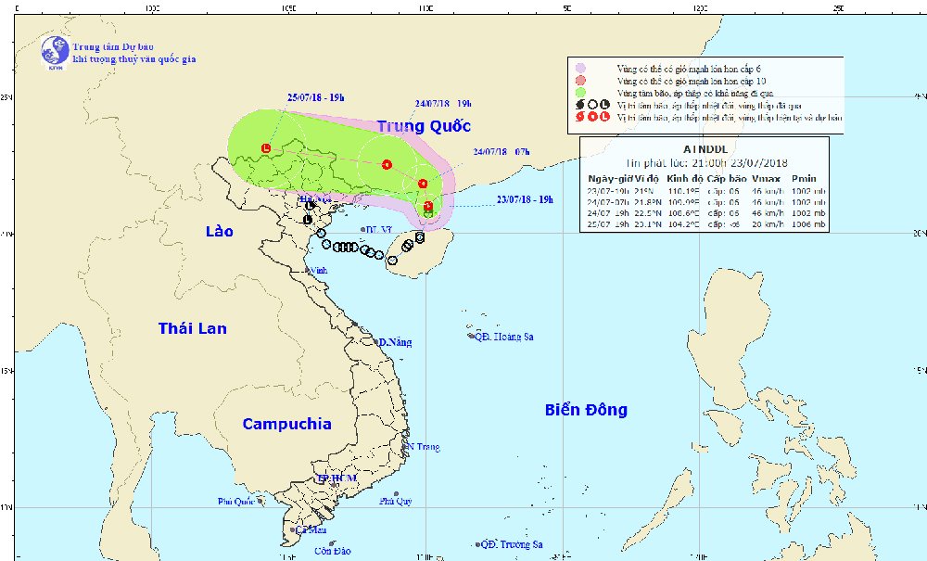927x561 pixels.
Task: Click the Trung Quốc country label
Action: tap(424, 126)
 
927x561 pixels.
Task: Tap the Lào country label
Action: tap(221, 231)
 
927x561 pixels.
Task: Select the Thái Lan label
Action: tap(192, 328)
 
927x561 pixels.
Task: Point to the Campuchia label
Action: tap(286, 424)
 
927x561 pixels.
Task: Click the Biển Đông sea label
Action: tap(586, 410)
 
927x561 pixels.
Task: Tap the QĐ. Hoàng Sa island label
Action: tap(503, 337)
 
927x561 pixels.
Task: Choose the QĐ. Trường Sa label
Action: tap(511, 545)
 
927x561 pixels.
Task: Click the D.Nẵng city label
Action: tap(393, 342)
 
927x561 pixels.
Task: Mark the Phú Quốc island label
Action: tap(236, 502)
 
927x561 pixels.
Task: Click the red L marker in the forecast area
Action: tap(266, 148)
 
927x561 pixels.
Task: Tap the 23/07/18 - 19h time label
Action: tap(525, 198)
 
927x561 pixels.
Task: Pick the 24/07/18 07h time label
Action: tap(502, 151)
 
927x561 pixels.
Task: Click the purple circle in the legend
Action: tap(580, 68)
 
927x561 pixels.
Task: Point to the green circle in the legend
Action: tap(580, 92)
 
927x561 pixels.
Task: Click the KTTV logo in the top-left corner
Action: tap(55, 51)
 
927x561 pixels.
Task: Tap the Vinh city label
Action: tap(318, 271)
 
